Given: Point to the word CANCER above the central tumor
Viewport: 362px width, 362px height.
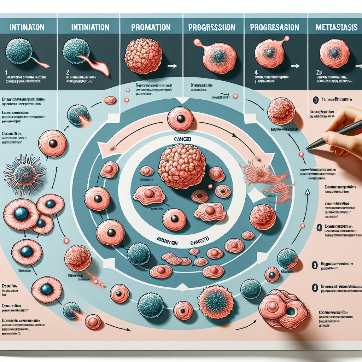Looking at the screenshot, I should (x=182, y=140).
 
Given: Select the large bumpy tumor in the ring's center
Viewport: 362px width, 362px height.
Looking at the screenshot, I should (x=182, y=166).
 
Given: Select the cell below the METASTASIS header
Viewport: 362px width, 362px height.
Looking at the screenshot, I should (x=334, y=53).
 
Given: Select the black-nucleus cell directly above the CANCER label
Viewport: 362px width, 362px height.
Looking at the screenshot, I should (x=181, y=119).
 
